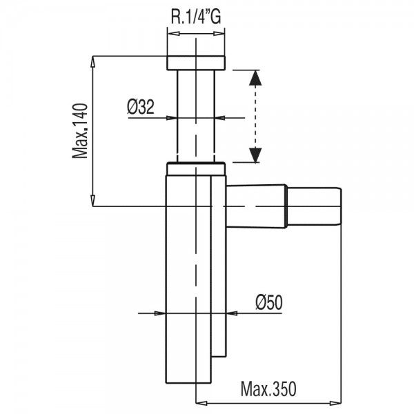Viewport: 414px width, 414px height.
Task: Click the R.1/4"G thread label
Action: [196, 16]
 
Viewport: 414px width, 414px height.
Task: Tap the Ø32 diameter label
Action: [141, 107]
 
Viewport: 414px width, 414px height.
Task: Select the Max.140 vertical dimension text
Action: [79, 131]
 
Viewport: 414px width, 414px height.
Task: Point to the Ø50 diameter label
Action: [269, 302]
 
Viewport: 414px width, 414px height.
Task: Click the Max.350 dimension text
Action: [268, 388]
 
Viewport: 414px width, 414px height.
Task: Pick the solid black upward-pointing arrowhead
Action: [255, 77]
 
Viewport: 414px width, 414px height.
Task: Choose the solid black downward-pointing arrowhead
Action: [255, 155]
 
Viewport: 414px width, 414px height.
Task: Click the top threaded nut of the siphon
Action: [196, 63]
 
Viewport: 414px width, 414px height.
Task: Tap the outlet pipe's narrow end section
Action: [314, 206]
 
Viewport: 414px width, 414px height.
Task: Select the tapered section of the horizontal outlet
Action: [256, 206]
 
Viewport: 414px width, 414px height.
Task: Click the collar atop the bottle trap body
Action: [196, 169]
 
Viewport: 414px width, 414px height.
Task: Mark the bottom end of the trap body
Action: [188, 382]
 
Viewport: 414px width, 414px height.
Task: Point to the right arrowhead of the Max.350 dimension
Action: [335, 403]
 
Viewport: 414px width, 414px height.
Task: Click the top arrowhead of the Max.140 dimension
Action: [92, 62]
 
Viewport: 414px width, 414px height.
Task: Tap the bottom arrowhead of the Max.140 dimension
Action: [92, 200]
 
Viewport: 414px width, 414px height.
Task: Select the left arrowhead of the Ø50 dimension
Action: [160, 313]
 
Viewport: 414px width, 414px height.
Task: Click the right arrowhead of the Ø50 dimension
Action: [232, 313]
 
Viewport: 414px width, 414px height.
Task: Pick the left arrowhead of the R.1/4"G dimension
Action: [174, 34]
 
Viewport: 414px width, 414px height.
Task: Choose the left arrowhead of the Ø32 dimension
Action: [172, 118]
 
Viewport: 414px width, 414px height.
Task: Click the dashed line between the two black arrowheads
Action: [255, 117]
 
